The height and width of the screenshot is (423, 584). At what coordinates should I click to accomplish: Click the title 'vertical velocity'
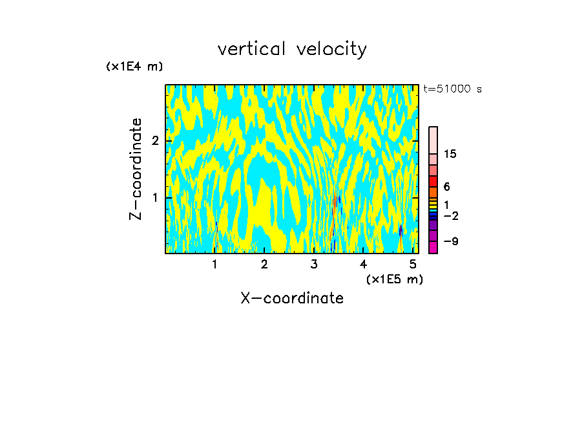tap(292, 49)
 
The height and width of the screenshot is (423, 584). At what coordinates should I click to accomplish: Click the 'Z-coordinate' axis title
tap(136, 169)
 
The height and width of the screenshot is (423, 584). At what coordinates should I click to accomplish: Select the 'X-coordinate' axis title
tap(292, 298)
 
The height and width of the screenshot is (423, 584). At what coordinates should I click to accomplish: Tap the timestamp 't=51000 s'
tap(452, 89)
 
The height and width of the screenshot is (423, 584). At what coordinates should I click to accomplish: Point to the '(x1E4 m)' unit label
tap(134, 67)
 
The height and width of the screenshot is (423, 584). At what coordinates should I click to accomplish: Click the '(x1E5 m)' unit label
tap(394, 279)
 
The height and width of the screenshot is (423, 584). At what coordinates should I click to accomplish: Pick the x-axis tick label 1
tap(214, 264)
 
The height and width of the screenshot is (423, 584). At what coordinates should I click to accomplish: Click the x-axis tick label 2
tap(264, 264)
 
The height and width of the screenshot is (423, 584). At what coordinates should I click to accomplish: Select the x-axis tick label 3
tap(314, 264)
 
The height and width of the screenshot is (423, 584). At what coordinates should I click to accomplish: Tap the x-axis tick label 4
tap(363, 264)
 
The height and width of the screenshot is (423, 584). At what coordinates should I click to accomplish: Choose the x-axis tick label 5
tap(413, 264)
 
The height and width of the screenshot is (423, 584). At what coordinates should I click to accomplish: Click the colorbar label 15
tap(450, 154)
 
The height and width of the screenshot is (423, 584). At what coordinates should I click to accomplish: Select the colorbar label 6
tap(446, 186)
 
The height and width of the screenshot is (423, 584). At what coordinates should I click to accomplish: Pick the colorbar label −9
tap(450, 241)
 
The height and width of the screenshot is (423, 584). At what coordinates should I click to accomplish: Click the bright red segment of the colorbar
tap(433, 182)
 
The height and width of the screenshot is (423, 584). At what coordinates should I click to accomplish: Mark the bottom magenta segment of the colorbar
tap(433, 248)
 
